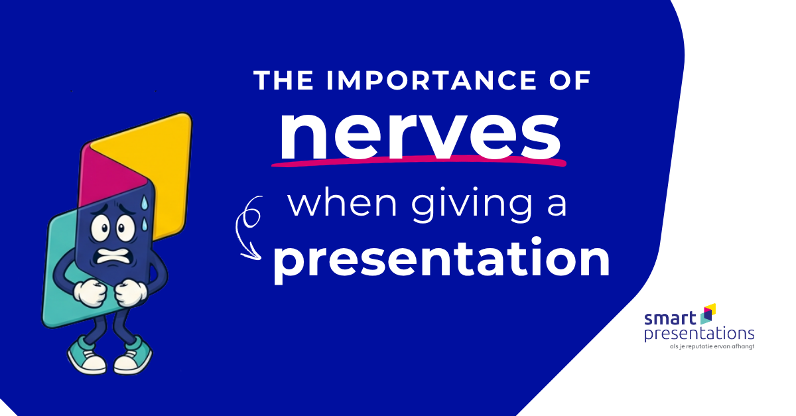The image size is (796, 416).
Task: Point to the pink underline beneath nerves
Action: pos(419,161)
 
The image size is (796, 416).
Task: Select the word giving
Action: pos(472,204)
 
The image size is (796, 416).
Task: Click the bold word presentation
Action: pos(441,259)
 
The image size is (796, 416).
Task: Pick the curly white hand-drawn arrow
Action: pos(249,228)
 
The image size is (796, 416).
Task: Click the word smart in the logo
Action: pos(670,318)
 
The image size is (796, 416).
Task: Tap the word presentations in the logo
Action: pos(699,335)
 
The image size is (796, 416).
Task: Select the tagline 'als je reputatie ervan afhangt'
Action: pos(712,346)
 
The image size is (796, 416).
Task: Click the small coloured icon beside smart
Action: pos(708,314)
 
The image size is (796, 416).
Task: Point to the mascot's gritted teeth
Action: pos(113,255)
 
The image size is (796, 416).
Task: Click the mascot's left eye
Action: pos(101,228)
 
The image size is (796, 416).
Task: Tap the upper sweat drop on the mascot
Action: pos(144,202)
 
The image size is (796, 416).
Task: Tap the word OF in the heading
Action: pos(570,80)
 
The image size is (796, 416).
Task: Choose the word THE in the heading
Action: pos(283,80)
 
